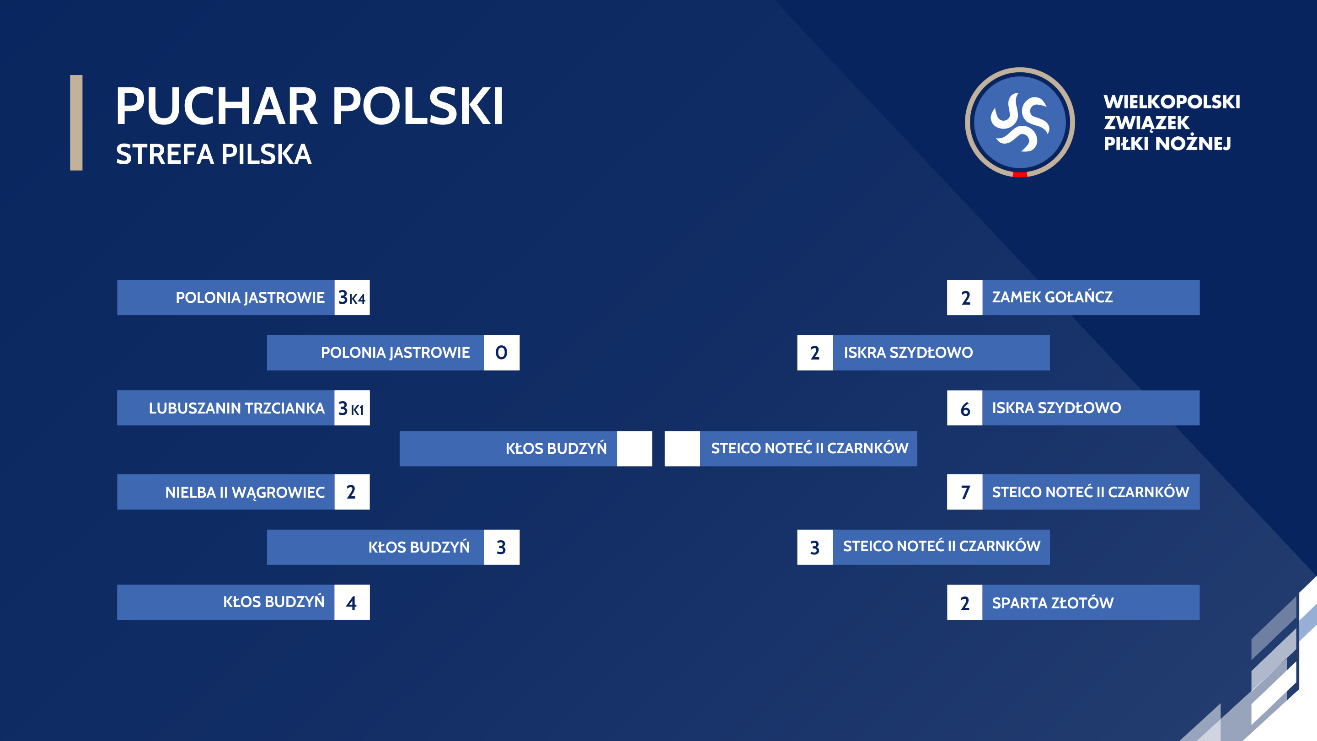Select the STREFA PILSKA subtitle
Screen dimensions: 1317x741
214,155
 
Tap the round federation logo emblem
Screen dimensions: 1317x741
1019,122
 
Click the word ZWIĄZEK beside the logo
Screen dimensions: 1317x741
1146,123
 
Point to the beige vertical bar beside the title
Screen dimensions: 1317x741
76,123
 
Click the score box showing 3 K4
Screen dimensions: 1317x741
352,298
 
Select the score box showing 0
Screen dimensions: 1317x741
502,353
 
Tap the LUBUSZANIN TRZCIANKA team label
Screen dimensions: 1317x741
237,408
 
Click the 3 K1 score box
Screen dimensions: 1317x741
352,408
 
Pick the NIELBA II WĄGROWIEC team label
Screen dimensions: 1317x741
245,492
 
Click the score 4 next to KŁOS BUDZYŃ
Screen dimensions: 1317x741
352,602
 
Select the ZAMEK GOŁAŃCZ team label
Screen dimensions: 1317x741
1052,297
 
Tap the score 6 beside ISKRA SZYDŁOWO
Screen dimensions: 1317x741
965,408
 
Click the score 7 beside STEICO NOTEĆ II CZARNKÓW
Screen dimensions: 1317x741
965,492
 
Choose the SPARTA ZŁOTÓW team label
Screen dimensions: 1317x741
1053,603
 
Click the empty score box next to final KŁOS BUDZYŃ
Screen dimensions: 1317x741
634,448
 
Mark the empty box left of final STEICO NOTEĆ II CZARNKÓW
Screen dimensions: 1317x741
682,448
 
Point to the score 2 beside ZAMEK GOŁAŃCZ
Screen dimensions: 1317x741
965,298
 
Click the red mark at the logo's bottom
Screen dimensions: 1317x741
1020,174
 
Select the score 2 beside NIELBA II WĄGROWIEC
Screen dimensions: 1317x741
352,492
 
